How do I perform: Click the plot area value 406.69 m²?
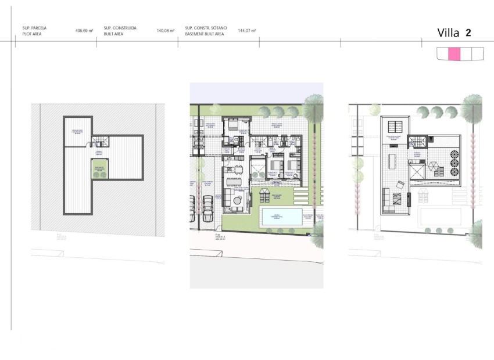pos(84,30)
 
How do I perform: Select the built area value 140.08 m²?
pos(166,30)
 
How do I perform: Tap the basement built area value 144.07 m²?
pos(247,30)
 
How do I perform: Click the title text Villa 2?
pos(454,33)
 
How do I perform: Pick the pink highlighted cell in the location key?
pos(454,54)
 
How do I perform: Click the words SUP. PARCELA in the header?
pos(34,27)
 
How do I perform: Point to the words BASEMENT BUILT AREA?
pos(204,34)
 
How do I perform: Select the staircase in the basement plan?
pos(101,141)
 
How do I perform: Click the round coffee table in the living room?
pos(238,200)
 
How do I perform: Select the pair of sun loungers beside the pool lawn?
pos(266,193)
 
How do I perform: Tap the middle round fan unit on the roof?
pos(454,164)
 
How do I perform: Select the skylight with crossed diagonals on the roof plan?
pos(417,171)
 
